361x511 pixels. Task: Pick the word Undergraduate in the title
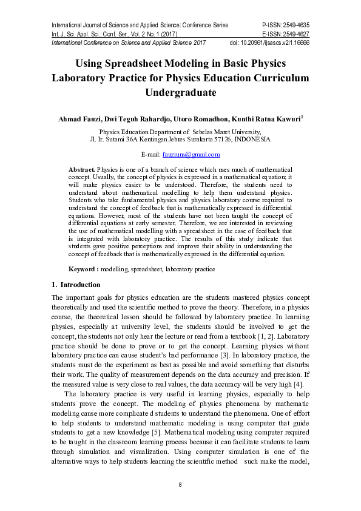click(x=180, y=93)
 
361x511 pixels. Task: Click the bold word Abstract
click(x=82, y=169)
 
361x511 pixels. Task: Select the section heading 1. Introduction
click(x=76, y=285)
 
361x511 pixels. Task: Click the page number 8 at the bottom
click(x=180, y=484)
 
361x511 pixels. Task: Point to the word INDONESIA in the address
click(x=252, y=139)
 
